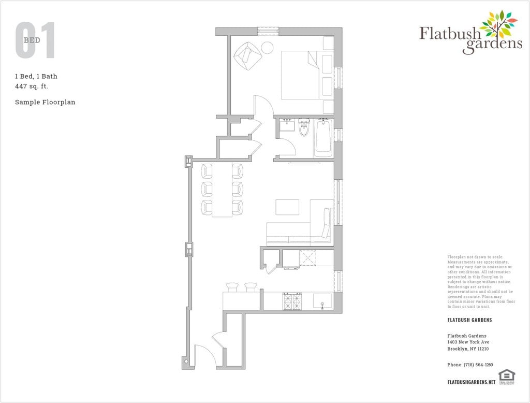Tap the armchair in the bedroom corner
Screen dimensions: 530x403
pos(248,54)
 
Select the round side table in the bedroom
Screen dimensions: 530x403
pos(267,48)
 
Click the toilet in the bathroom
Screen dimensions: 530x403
pos(304,127)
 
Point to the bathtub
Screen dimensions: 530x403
pos(323,137)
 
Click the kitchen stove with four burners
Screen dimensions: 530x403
pos(292,301)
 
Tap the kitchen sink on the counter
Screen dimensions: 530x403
pos(322,301)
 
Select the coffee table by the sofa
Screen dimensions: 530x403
pos(287,207)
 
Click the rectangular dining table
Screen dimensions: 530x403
pos(223,190)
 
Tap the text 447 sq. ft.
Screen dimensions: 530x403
pos(35,87)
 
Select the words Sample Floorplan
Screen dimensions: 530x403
pos(45,102)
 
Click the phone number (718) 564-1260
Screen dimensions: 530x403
pos(470,365)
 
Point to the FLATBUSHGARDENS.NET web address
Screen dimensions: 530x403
pos(471,382)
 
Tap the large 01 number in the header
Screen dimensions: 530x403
pos(35,40)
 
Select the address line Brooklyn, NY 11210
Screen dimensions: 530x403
pos(468,349)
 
